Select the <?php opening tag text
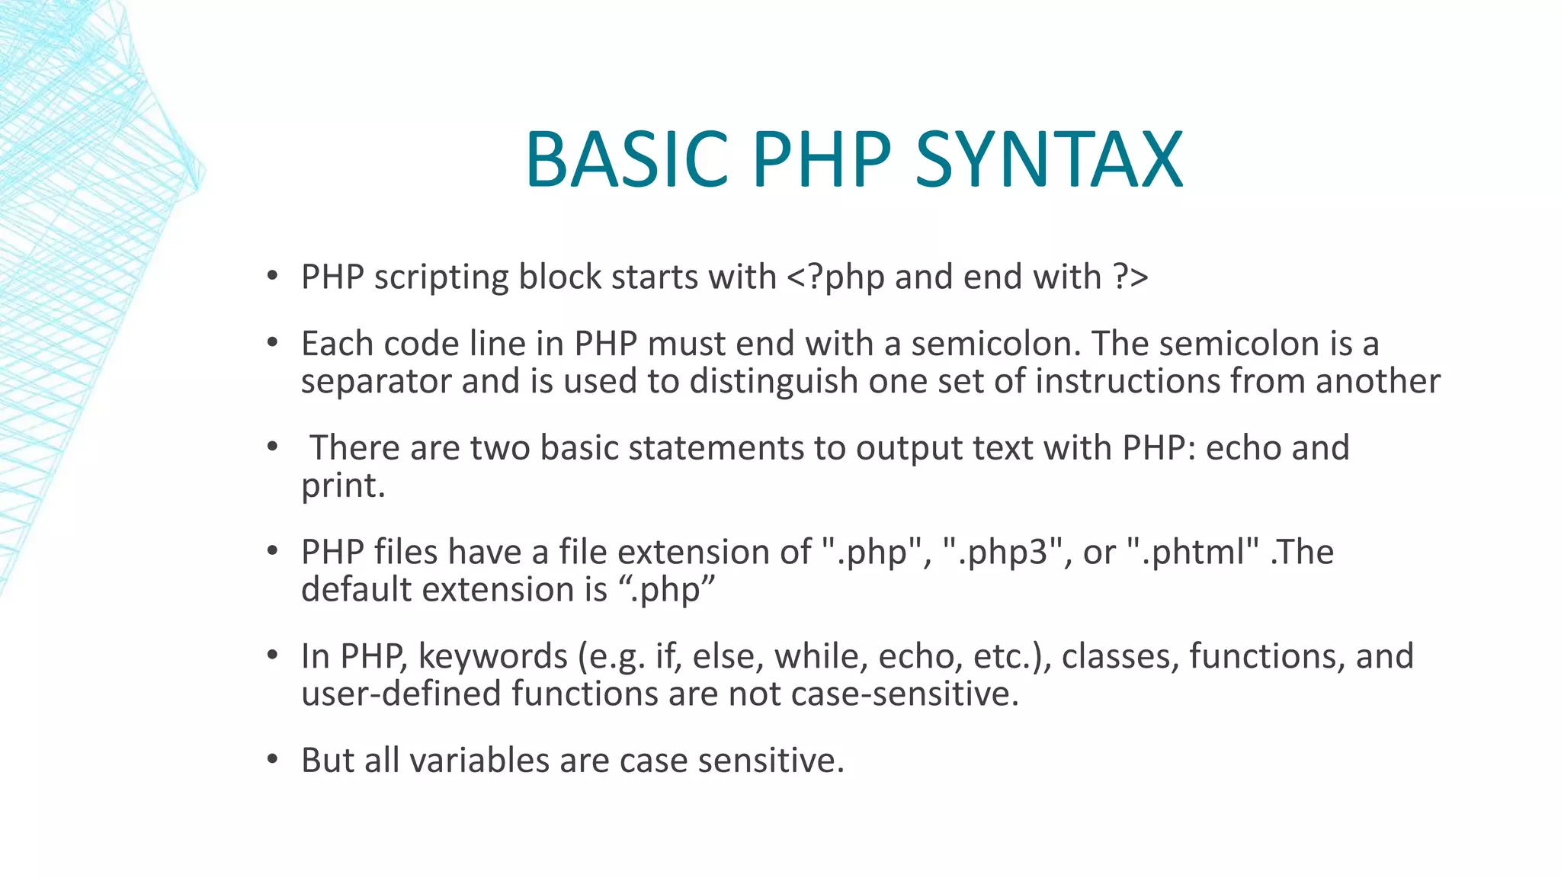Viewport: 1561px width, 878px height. coord(835,277)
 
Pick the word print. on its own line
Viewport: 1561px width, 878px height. coord(343,486)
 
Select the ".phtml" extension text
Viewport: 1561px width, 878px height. coord(1193,552)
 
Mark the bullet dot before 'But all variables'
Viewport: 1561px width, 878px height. coord(272,760)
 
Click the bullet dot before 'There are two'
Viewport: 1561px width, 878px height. coord(272,447)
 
